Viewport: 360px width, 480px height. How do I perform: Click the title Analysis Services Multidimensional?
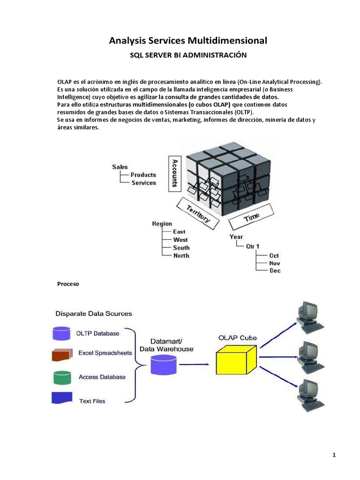click(x=188, y=41)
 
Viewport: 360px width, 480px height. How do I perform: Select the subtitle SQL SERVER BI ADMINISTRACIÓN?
click(x=187, y=55)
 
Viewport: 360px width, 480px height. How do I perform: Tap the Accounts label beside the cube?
click(x=174, y=173)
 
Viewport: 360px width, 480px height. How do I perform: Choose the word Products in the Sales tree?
click(x=143, y=175)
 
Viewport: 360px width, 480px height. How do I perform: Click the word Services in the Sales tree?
click(x=143, y=183)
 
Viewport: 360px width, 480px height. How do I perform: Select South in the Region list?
click(x=181, y=247)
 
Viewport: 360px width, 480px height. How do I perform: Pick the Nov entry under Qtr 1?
click(x=274, y=263)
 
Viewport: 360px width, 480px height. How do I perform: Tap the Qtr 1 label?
click(x=254, y=246)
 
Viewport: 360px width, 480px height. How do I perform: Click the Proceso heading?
click(x=68, y=284)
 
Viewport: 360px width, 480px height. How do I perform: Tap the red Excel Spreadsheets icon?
click(x=62, y=354)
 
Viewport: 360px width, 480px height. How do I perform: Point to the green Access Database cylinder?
click(x=61, y=377)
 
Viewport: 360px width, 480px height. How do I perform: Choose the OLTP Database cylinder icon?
click(x=61, y=333)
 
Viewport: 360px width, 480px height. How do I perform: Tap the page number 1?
click(x=335, y=454)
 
